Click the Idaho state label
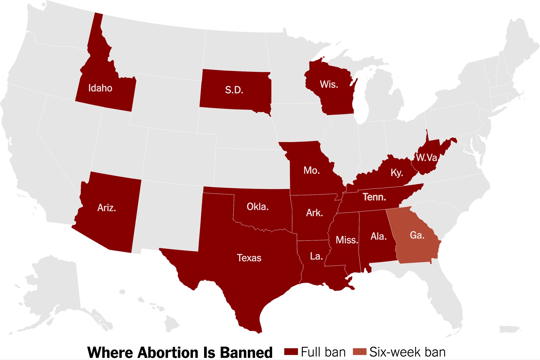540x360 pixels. (100, 88)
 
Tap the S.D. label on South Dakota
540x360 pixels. (234, 90)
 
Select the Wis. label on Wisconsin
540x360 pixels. (329, 84)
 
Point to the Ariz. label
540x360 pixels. (107, 208)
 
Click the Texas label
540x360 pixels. (249, 258)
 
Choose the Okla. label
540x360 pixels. (258, 207)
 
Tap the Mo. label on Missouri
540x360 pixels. (312, 171)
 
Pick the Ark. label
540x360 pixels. (315, 213)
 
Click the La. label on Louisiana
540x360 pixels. (316, 256)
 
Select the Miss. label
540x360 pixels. (347, 240)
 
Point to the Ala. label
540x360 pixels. (379, 236)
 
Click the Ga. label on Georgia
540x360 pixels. (417, 235)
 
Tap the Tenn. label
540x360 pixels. (374, 197)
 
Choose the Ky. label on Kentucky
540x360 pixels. (397, 173)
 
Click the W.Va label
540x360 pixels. (427, 158)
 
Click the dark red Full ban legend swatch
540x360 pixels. (291, 352)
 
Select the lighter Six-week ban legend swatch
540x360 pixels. (360, 352)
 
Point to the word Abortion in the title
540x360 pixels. (168, 352)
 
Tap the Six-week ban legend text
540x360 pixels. (408, 352)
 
